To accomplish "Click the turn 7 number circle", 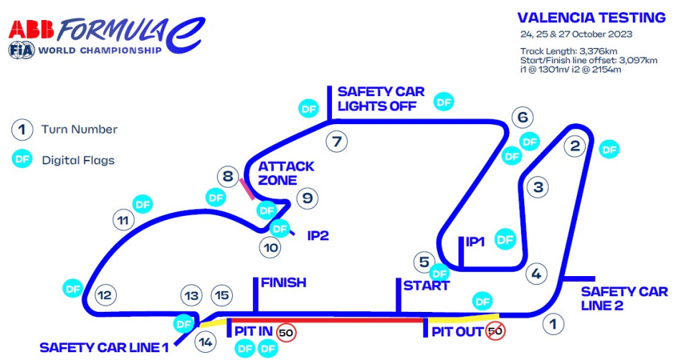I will pyautogui.click(x=336, y=141).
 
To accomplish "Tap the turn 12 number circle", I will pyautogui.click(x=105, y=294).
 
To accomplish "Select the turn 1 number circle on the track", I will pyautogui.click(x=552, y=323).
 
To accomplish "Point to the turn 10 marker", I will pyautogui.click(x=270, y=247).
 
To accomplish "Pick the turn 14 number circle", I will pyautogui.click(x=206, y=341).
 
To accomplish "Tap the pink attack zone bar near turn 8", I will pyautogui.click(x=246, y=188).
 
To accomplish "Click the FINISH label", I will pyautogui.click(x=283, y=283).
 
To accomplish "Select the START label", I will pyautogui.click(x=426, y=285).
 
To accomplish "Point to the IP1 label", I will pyautogui.click(x=475, y=242).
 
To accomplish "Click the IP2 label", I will pyautogui.click(x=318, y=235).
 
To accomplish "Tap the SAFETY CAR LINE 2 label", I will pyautogui.click(x=619, y=298).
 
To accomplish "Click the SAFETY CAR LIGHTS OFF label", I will pyautogui.click(x=381, y=99).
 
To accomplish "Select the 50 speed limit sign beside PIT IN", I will pyautogui.click(x=287, y=332).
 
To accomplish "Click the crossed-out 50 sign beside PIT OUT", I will pyautogui.click(x=495, y=331).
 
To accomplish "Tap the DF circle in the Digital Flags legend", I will pyautogui.click(x=22, y=159).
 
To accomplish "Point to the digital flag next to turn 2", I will pyautogui.click(x=609, y=149).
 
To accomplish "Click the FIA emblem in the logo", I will pyautogui.click(x=19, y=50).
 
